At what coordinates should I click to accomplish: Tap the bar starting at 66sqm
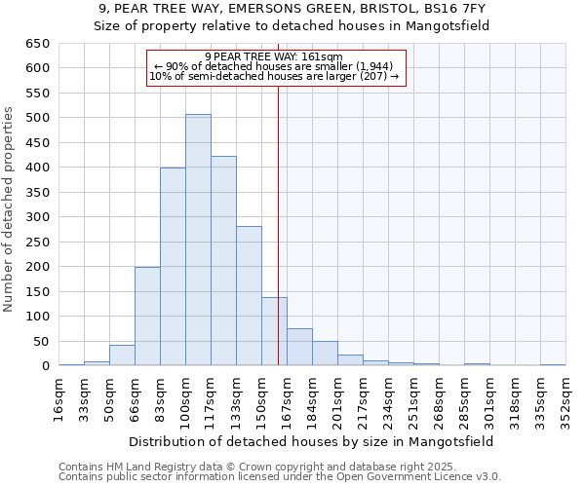tap(147, 316)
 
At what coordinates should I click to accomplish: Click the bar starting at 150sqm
tap(274, 331)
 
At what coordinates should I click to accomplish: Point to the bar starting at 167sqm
tap(299, 347)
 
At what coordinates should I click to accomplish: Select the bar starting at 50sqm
tap(122, 356)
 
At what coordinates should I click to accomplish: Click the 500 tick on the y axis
tap(37, 118)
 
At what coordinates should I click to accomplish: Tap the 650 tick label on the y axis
tap(37, 44)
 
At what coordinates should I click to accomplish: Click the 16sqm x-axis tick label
tap(59, 398)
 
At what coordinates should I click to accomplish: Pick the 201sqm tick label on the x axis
tap(337, 398)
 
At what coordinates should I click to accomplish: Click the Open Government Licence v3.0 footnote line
tap(280, 477)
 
